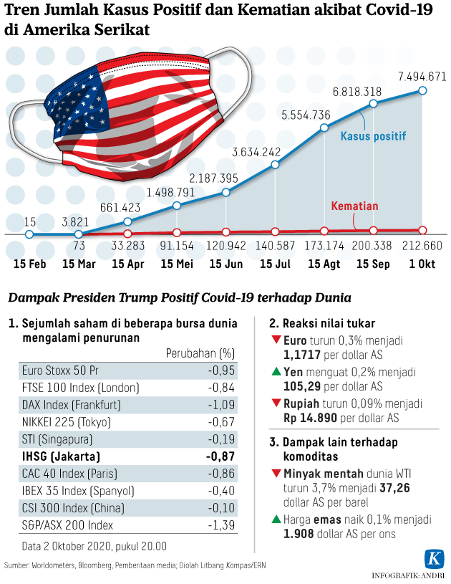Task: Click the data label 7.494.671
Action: pyautogui.click(x=422, y=77)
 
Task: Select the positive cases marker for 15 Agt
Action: pyautogui.click(x=324, y=129)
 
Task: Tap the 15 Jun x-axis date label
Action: pyautogui.click(x=226, y=263)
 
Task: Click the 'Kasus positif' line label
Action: pyautogui.click(x=372, y=136)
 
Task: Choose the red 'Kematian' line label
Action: pyautogui.click(x=354, y=206)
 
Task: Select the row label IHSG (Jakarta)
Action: pyautogui.click(x=60, y=456)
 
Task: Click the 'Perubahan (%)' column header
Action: pyautogui.click(x=200, y=353)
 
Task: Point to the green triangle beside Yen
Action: pyautogui.click(x=276, y=373)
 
